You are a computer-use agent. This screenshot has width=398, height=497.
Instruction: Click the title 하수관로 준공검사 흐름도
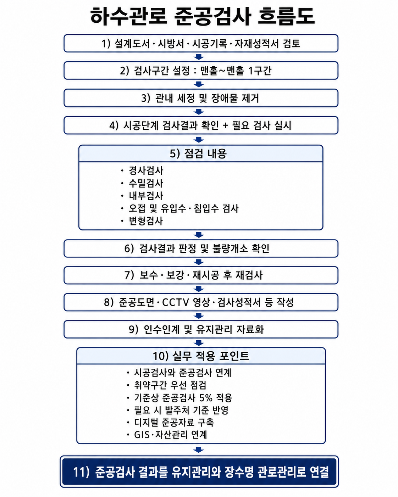pos(202,16)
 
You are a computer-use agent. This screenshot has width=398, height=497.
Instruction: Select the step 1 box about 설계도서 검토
pos(201,43)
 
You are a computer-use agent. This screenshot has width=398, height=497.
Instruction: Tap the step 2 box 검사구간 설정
pos(201,71)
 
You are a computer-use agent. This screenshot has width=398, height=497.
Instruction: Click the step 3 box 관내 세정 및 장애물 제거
pos(201,98)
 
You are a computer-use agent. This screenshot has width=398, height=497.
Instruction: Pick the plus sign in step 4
pos(225,125)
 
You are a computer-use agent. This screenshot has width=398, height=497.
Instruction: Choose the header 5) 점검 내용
pos(198,153)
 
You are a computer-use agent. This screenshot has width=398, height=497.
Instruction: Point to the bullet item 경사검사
pos(146,171)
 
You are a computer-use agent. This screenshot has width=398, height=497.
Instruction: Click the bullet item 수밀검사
pos(146,183)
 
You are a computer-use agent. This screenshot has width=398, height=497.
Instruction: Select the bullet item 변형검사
pos(146,221)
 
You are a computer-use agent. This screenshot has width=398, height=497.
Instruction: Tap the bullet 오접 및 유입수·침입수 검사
pos(183,208)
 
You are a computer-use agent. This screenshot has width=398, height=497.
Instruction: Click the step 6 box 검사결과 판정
pos(201,248)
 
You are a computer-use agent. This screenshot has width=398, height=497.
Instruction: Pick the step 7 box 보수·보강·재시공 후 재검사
pos(201,275)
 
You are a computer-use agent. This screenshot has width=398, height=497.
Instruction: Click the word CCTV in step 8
pos(176,302)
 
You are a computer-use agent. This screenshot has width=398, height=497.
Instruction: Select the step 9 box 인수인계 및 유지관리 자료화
pos(201,329)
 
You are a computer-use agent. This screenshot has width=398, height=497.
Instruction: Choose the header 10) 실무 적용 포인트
pos(201,356)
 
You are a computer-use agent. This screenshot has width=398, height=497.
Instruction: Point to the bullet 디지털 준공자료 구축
pos(174,423)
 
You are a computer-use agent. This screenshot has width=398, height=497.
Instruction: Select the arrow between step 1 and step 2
pos(199,57)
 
